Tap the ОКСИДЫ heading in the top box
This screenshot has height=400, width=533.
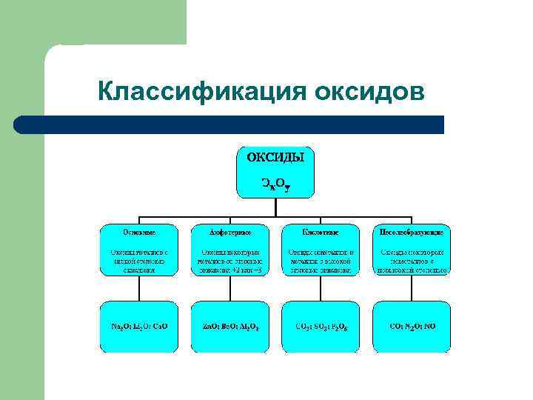(x=275, y=158)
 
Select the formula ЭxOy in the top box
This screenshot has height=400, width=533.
(x=275, y=182)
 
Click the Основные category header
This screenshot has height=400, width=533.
(x=139, y=231)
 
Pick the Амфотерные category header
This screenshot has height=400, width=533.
(x=230, y=231)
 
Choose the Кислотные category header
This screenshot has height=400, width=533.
(x=321, y=231)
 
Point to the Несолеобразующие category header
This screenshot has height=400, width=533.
(x=412, y=231)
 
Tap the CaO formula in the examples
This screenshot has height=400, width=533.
(x=161, y=325)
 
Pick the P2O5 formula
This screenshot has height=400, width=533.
(x=342, y=325)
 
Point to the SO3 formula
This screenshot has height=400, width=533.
(x=321, y=325)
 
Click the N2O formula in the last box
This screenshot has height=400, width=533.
(x=412, y=325)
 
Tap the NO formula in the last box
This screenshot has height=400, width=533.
(x=431, y=325)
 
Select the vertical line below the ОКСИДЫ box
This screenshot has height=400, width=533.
(x=275, y=208)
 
